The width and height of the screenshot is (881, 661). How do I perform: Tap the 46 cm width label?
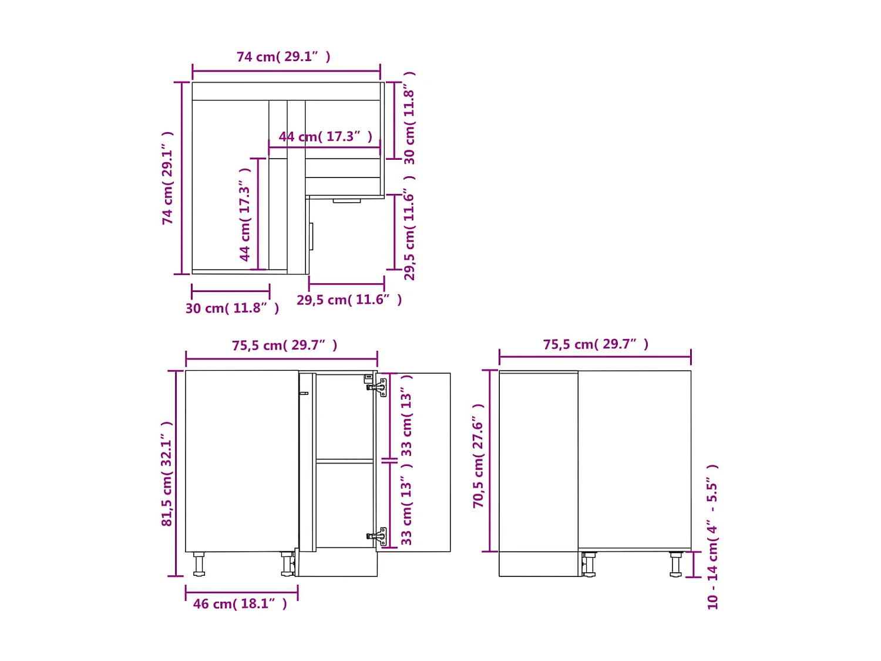coord(240,604)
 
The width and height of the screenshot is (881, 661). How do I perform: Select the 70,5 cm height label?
coord(479,456)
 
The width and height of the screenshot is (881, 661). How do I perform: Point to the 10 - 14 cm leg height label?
coord(712,536)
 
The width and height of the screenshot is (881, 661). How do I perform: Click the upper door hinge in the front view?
coord(378,387)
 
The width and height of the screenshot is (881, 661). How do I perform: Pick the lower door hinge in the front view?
coord(378,536)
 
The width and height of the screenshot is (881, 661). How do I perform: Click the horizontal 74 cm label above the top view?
coord(283,57)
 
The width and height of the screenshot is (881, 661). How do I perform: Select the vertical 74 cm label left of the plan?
coord(168,177)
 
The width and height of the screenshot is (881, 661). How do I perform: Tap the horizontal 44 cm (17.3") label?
coord(325,137)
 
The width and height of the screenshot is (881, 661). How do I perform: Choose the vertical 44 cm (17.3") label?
coord(245,214)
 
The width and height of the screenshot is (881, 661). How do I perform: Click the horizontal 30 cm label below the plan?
coord(232,308)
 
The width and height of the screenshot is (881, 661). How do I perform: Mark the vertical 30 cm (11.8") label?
coord(409,118)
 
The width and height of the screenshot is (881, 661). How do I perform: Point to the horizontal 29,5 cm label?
coord(349,300)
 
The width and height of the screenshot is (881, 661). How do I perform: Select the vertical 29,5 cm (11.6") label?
coord(409,228)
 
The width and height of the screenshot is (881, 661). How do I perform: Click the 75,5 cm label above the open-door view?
coord(284,345)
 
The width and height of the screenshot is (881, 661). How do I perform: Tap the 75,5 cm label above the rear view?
coord(596,344)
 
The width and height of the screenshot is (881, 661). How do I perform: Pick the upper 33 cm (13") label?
coord(406,416)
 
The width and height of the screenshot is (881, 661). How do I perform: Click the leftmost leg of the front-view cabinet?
coord(199,564)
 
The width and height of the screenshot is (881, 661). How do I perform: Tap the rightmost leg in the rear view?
coord(675,564)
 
